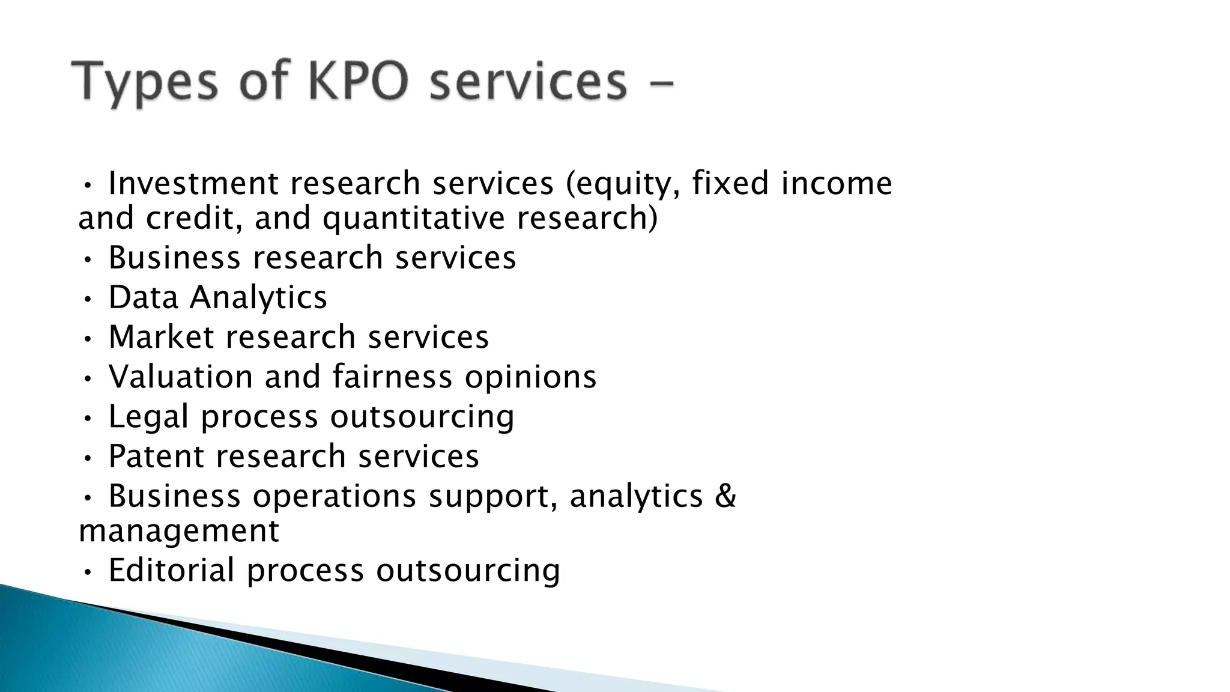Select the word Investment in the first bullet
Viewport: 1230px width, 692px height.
click(x=193, y=183)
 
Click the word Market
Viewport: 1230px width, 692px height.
click(x=161, y=337)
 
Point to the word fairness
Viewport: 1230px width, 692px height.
click(x=392, y=377)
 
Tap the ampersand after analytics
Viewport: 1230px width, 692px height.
click(x=726, y=496)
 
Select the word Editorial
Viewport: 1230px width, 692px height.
click(x=171, y=570)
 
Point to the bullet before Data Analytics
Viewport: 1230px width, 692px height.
click(x=88, y=299)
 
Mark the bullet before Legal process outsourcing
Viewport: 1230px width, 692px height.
click(x=88, y=417)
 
